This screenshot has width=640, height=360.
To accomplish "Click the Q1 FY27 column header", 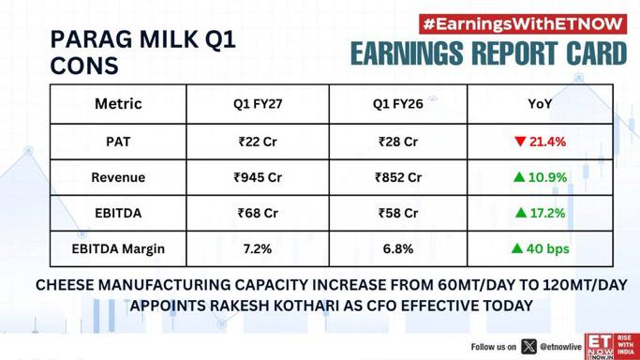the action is [x=258, y=104].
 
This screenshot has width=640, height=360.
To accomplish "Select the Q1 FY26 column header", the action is [x=398, y=104].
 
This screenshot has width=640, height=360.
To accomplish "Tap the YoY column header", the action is [x=540, y=104].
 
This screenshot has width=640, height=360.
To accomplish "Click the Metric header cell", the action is [x=118, y=104].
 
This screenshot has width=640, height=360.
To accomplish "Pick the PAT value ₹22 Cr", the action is [x=258, y=142].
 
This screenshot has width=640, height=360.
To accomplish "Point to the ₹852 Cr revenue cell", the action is [x=398, y=177].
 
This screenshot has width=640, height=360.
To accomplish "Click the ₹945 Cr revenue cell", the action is [x=258, y=177].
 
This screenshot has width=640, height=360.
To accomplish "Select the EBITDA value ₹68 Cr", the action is [x=258, y=213].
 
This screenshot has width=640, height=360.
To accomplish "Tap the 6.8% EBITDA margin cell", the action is [x=398, y=248].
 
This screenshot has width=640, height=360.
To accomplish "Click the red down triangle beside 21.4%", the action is [x=520, y=142].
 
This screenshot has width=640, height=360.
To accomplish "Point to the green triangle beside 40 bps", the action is [x=517, y=248].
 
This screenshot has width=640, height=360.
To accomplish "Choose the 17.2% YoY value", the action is [x=547, y=213].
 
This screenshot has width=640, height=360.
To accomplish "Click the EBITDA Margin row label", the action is [x=118, y=249].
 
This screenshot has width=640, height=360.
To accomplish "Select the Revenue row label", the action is [x=118, y=177].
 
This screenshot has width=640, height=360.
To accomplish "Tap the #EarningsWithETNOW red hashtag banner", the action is [x=523, y=24].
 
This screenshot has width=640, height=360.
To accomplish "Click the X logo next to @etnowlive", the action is [x=528, y=347].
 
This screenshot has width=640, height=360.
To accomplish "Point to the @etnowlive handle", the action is [x=560, y=347].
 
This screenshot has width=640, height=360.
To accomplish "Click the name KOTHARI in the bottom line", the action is [x=301, y=306].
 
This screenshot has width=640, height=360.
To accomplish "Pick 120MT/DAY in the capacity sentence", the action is [x=585, y=285].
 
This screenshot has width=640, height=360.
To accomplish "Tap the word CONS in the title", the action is [x=84, y=67].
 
